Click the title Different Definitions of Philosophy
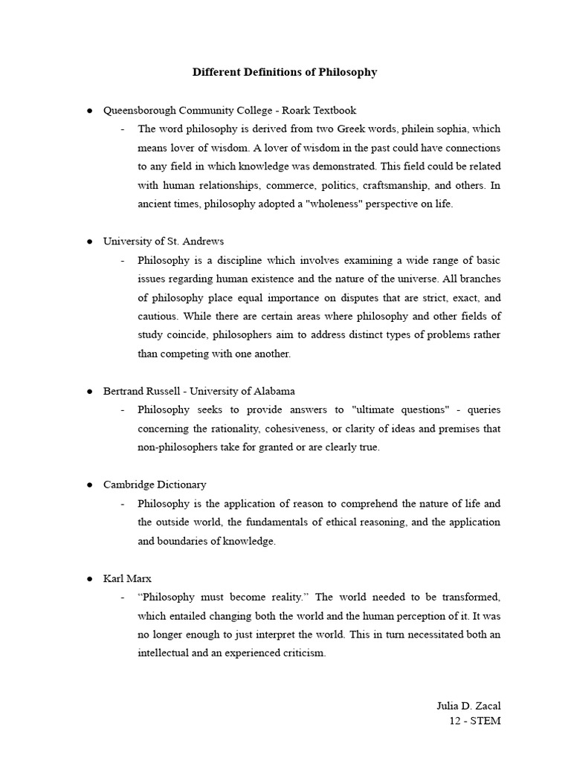(x=285, y=72)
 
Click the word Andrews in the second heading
(x=201, y=241)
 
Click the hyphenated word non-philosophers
(x=177, y=447)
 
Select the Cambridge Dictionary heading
(x=155, y=485)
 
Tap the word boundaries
(x=183, y=541)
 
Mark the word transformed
(x=470, y=597)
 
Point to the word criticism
(x=301, y=653)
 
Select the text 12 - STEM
(x=475, y=721)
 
